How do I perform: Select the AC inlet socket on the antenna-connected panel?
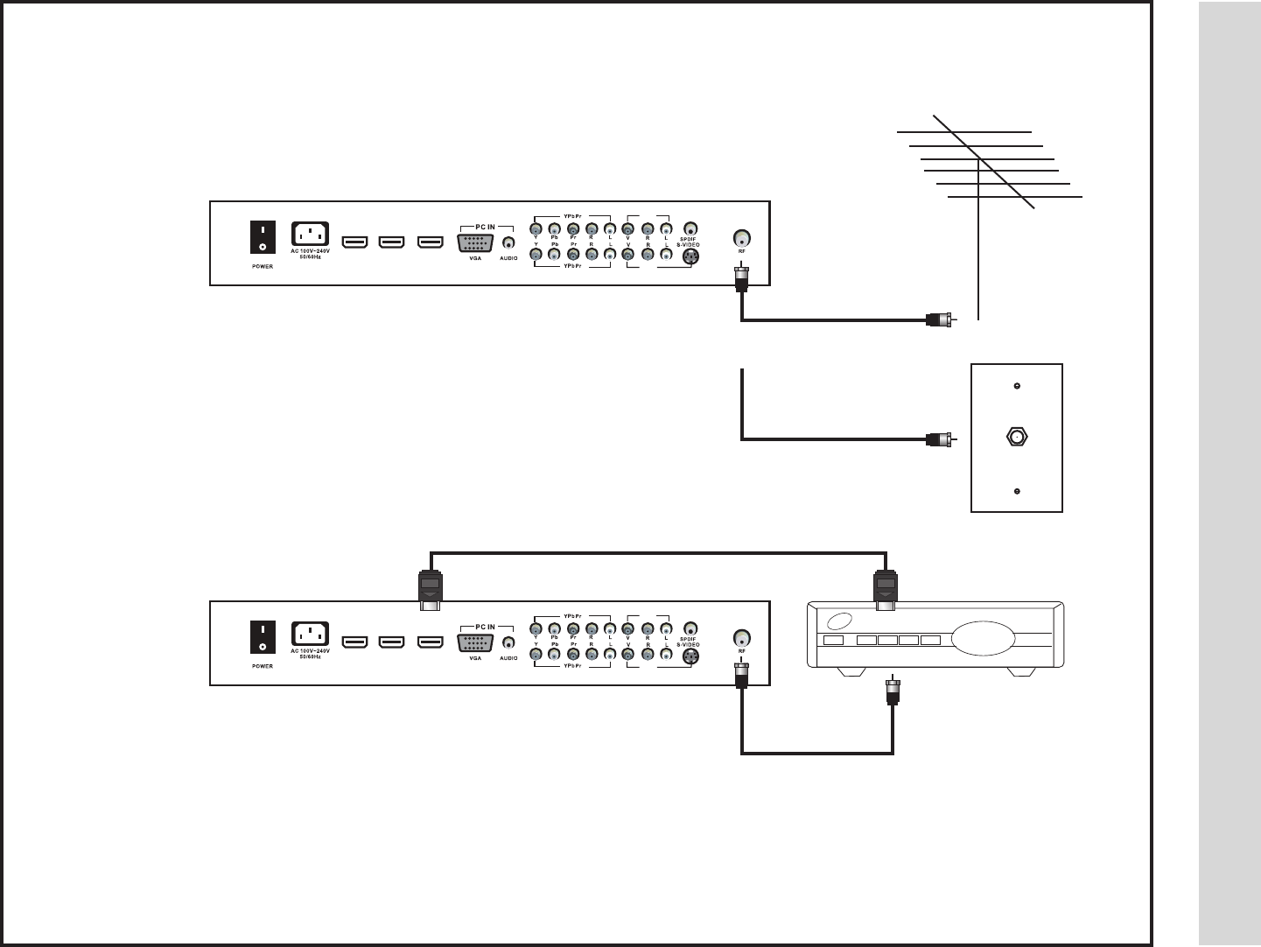click(x=310, y=235)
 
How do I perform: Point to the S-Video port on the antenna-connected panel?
click(x=690, y=256)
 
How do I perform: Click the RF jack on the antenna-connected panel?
click(x=741, y=238)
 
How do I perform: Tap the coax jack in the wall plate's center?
click(x=1017, y=437)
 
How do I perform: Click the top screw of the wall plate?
click(x=1016, y=386)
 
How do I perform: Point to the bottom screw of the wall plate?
click(x=1016, y=491)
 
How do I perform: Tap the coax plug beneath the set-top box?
click(x=893, y=691)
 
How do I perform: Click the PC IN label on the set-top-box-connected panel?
click(x=486, y=627)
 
